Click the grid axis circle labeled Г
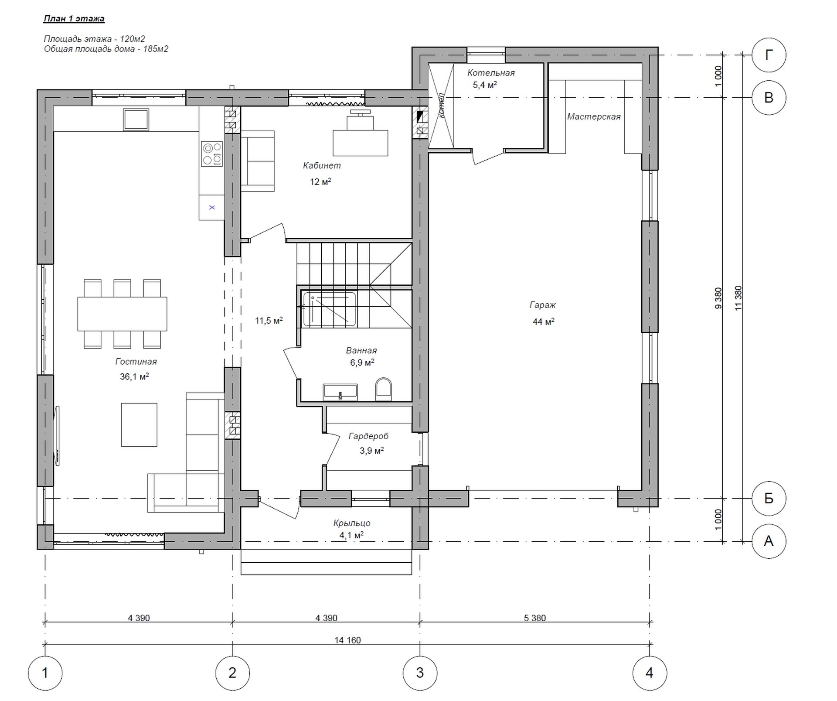coord(769,55)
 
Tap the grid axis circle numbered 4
coord(650,673)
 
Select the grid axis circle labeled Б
coord(769,498)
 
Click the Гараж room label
coord(543,305)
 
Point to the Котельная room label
coord(491,73)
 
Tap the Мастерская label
coord(594,116)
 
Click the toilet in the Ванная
coord(384,389)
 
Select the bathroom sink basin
coord(340,392)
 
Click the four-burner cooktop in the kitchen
coord(211,154)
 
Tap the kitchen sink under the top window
coord(136,120)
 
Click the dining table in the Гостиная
coord(122,314)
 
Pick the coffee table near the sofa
coord(139,425)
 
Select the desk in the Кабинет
coord(360,143)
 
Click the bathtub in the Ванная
coord(330,309)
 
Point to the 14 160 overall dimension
coord(348,640)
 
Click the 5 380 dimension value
coord(535,618)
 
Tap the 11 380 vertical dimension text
coord(738,298)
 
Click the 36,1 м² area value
coord(134,376)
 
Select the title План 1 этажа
coord(74,19)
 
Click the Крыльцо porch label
coord(352,523)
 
